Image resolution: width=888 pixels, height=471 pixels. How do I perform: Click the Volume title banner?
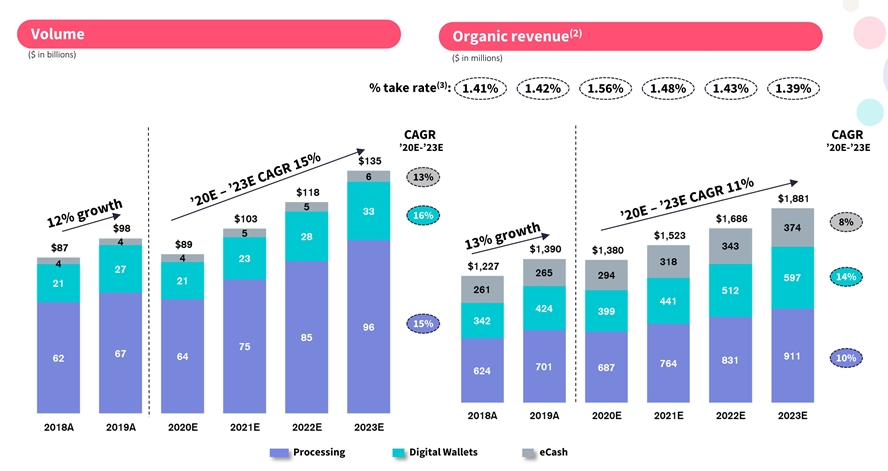point(210,34)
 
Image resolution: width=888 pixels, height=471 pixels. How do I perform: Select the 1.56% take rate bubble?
point(607,89)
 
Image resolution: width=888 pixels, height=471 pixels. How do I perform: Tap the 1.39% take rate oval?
point(794,89)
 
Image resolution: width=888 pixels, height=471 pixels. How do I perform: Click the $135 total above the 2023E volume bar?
point(369,160)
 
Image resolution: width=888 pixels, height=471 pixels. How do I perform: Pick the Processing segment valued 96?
point(369,325)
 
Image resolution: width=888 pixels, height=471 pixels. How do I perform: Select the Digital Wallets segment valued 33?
point(369,211)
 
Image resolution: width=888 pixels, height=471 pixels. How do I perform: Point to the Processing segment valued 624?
point(482,370)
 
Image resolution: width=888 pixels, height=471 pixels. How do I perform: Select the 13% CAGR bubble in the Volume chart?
point(422,177)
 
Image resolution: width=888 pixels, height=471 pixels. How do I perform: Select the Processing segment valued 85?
point(306,336)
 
